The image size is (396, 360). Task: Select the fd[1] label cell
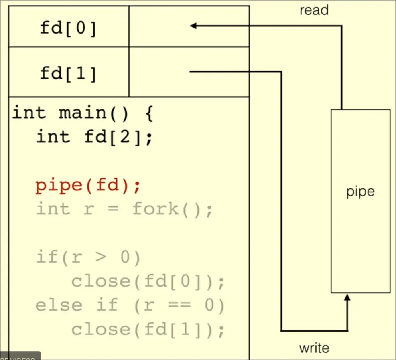click(x=68, y=73)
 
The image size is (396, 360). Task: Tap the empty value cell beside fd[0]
click(x=189, y=26)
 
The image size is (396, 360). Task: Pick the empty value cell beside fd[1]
click(x=189, y=72)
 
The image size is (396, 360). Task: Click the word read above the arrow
click(x=314, y=10)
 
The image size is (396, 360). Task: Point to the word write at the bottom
click(x=314, y=348)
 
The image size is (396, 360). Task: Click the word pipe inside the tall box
click(x=360, y=192)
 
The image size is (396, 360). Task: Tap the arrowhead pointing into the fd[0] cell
click(x=193, y=26)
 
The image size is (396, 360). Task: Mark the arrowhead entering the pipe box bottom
click(x=347, y=298)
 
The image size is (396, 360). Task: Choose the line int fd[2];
click(x=95, y=138)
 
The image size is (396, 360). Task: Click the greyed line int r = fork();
click(x=124, y=209)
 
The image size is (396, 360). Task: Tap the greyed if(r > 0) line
click(x=88, y=257)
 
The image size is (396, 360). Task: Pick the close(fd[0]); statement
click(x=148, y=282)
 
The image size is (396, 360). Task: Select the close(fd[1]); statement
click(x=148, y=330)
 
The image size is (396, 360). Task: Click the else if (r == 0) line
click(x=130, y=305)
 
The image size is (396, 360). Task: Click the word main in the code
click(x=82, y=113)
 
